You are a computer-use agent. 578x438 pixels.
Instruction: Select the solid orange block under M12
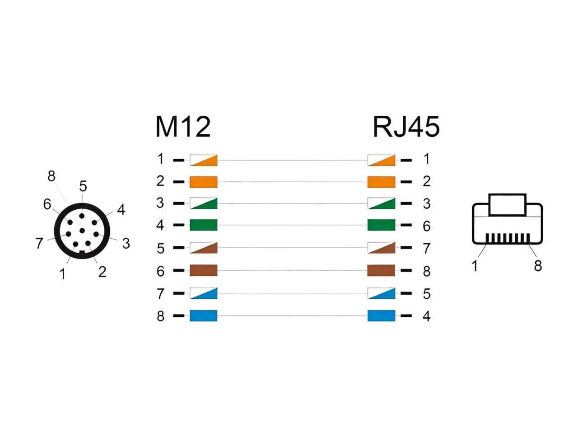pyautogui.click(x=203, y=182)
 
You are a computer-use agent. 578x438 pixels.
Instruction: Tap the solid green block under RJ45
pyautogui.click(x=381, y=225)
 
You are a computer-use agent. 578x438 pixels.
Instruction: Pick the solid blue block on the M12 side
pyautogui.click(x=203, y=316)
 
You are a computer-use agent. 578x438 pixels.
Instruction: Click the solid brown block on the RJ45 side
pyautogui.click(x=381, y=271)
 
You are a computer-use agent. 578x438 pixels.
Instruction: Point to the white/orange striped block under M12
pyautogui.click(x=203, y=160)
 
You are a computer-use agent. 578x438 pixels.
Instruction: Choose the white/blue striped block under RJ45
pyautogui.click(x=381, y=293)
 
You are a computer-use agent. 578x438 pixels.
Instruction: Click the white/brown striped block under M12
pyautogui.click(x=203, y=248)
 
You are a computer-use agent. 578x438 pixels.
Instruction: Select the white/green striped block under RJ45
pyautogui.click(x=381, y=203)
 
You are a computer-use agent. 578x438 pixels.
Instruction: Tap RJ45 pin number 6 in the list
pyautogui.click(x=426, y=226)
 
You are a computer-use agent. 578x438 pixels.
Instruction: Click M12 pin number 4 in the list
pyautogui.click(x=160, y=225)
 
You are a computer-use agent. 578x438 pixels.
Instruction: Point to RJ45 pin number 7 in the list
pyautogui.click(x=426, y=248)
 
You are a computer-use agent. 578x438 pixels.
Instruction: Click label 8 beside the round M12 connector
pyautogui.click(x=51, y=176)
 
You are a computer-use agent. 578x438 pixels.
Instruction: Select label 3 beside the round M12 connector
pyautogui.click(x=126, y=244)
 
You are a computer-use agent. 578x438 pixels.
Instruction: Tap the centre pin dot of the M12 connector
pyautogui.click(x=82, y=231)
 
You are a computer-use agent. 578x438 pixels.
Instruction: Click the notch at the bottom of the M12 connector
pyautogui.click(x=82, y=252)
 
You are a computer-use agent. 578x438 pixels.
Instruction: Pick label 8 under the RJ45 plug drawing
pyautogui.click(x=537, y=266)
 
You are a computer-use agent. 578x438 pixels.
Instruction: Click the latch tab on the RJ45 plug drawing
pyautogui.click(x=508, y=205)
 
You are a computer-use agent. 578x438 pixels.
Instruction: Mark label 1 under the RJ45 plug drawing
pyautogui.click(x=475, y=266)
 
